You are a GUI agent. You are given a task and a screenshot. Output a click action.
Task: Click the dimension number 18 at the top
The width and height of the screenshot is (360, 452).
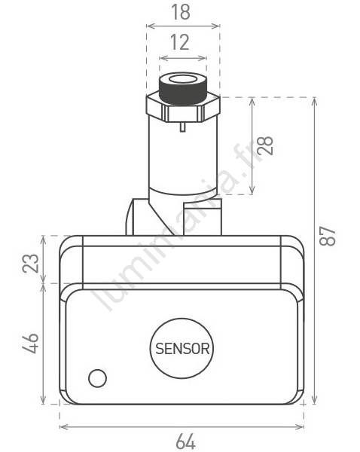click(181, 12)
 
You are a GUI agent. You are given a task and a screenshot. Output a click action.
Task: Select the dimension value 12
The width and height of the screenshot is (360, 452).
click(180, 42)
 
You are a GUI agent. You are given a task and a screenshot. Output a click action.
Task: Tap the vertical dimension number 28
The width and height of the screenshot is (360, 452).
click(265, 145)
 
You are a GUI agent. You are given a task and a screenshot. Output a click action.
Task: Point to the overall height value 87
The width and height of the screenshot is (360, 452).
click(328, 237)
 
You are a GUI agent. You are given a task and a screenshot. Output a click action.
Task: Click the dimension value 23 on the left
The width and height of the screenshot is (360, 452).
click(31, 263)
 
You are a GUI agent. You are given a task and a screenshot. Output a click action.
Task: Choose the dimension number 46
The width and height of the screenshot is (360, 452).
click(31, 344)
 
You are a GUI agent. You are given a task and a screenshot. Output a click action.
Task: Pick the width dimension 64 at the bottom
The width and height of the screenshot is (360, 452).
click(185, 441)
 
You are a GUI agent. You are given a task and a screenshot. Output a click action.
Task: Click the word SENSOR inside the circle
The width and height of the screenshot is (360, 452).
click(182, 349)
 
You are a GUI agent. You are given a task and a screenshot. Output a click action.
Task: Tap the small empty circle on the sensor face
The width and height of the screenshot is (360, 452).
click(97, 378)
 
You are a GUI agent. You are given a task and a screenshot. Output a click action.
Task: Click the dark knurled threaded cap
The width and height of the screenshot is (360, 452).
click(183, 89)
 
